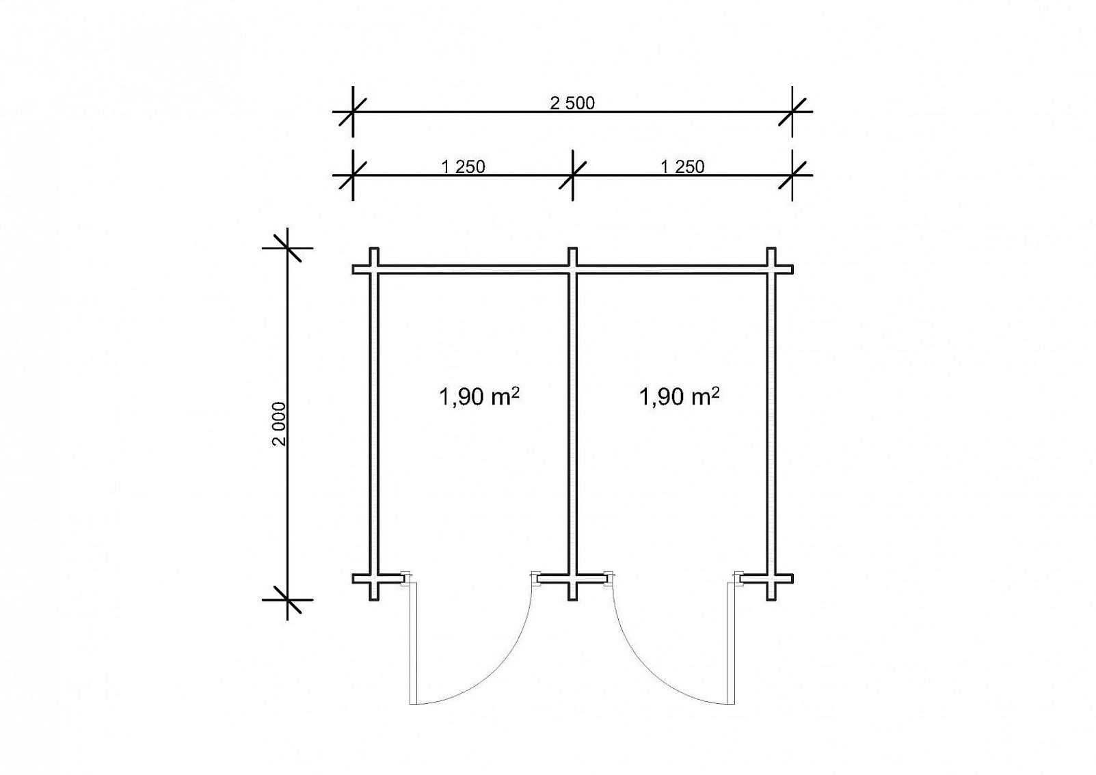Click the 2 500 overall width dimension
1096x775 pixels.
tap(572, 103)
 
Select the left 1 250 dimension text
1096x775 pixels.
tap(463, 167)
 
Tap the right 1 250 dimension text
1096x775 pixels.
tap(682, 167)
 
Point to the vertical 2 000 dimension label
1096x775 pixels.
tap(279, 424)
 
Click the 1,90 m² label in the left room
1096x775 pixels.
tap(479, 396)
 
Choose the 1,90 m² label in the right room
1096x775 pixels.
tap(679, 396)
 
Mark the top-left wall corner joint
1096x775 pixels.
tap(374, 269)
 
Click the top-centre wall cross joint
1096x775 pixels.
tap(572, 269)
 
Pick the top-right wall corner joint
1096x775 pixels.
tap(771, 269)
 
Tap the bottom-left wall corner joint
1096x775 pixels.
tap(374, 579)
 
